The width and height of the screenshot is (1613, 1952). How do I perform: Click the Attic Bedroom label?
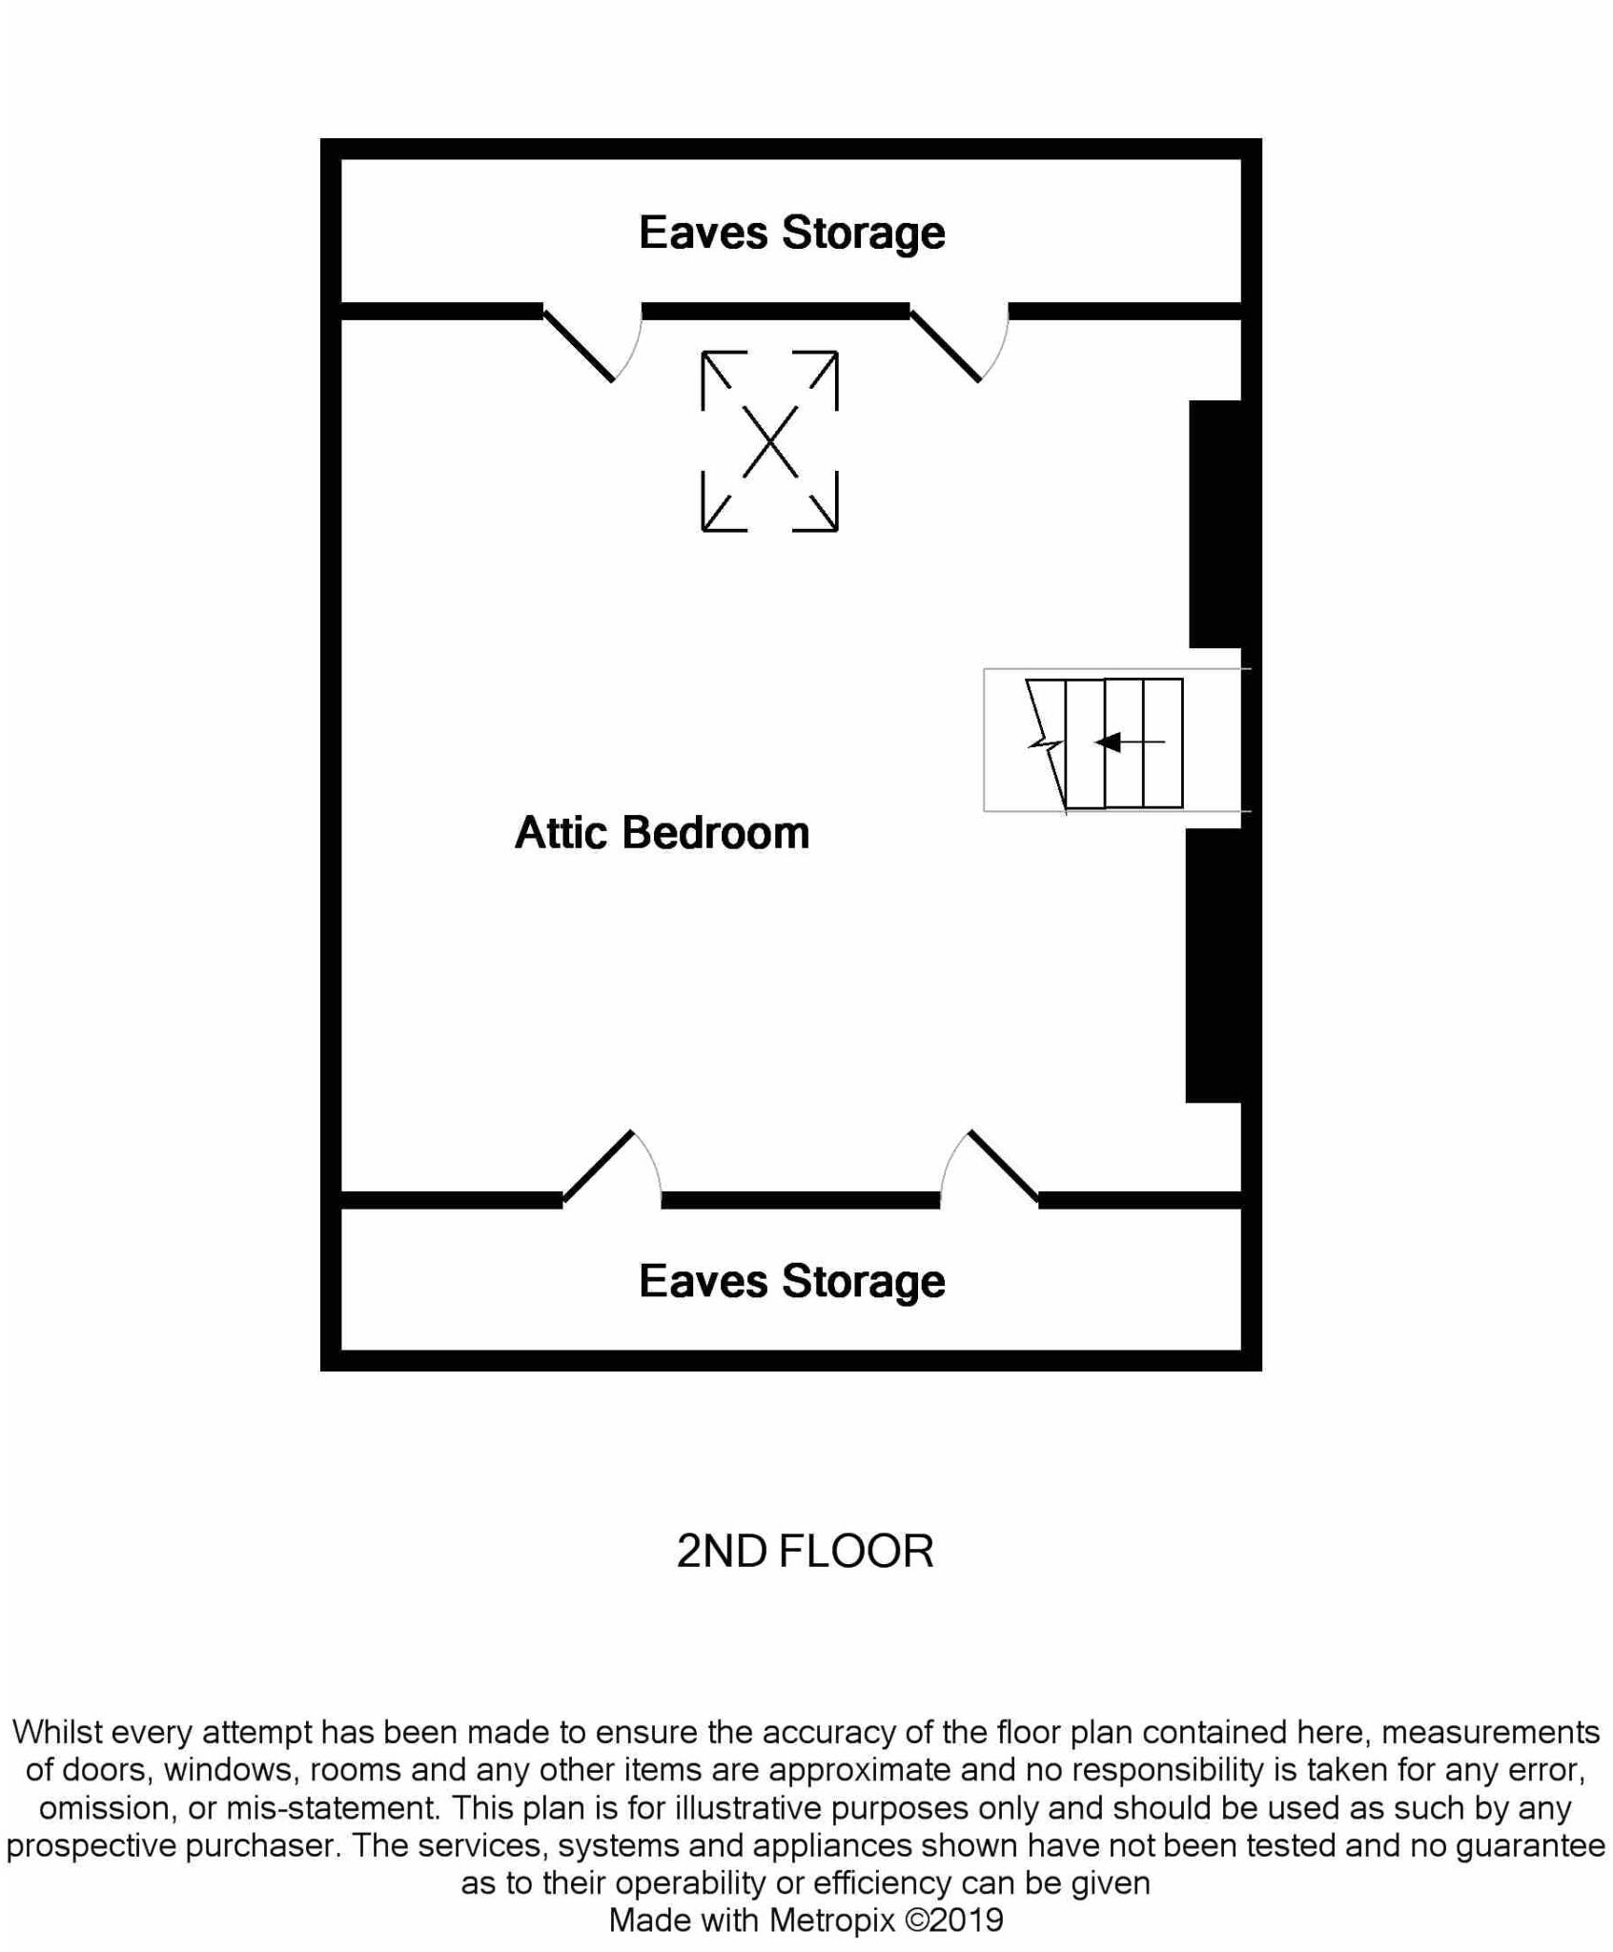point(662,832)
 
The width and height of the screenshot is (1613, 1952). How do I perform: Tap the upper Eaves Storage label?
point(791,233)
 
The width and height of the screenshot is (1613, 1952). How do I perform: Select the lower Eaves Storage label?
point(791,1281)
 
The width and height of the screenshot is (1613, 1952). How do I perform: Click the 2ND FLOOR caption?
point(805,1552)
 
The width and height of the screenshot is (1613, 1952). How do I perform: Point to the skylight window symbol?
point(769,441)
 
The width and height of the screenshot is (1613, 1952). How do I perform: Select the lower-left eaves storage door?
point(598,1166)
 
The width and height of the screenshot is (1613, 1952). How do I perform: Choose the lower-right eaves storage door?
point(1003,1166)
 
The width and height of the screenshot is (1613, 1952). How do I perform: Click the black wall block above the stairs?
point(1216,523)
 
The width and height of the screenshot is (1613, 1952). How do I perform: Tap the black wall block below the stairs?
point(1215,965)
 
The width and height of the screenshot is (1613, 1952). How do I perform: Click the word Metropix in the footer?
point(832,1920)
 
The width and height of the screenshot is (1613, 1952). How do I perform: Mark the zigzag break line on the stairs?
point(1046,743)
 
